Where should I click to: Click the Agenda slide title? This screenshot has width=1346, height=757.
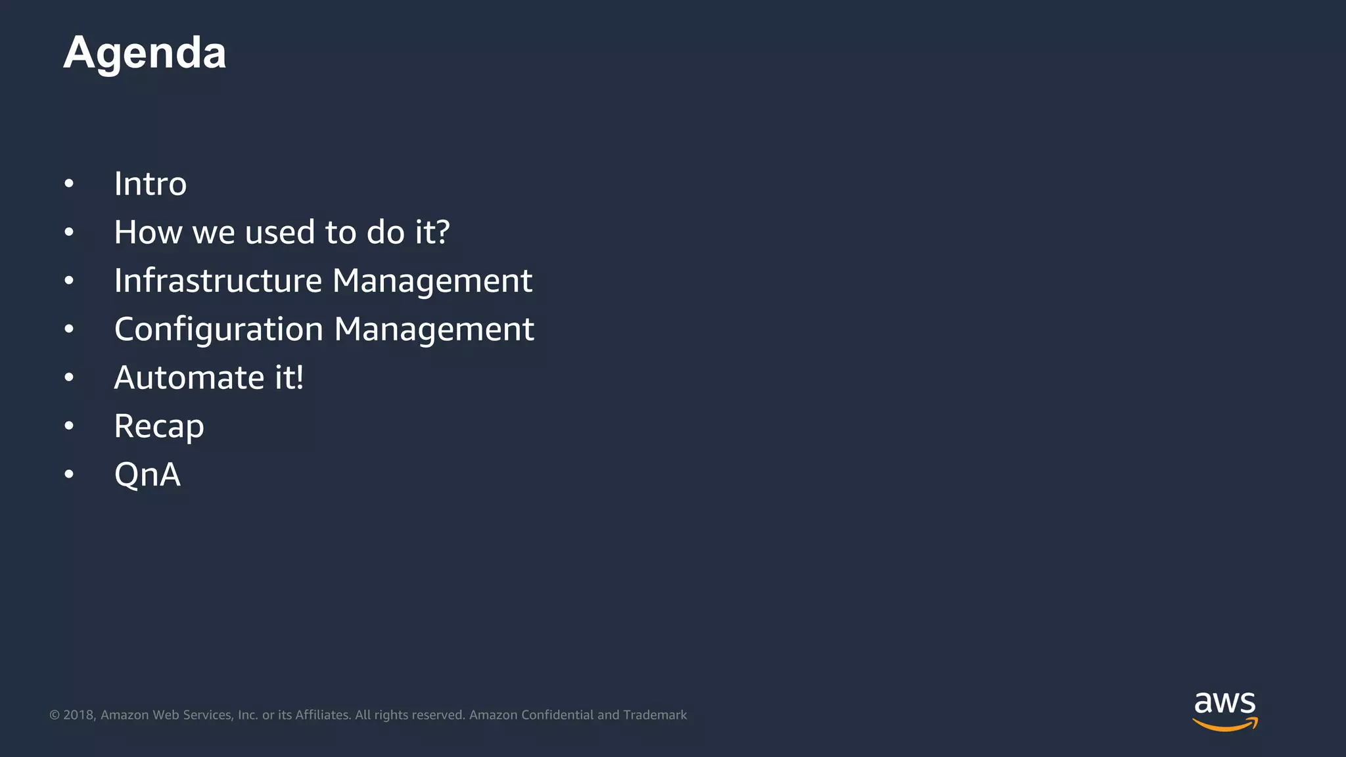[145, 53]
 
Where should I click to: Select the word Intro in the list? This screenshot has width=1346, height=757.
[151, 183]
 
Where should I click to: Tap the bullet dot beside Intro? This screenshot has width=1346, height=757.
[69, 183]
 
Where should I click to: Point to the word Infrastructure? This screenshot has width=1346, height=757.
[218, 281]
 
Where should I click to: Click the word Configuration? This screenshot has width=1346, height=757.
[219, 329]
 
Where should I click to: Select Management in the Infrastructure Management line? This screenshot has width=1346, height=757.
[432, 281]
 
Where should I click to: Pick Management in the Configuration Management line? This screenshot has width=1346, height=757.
[434, 329]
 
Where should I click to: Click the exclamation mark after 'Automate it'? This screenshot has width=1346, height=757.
[299, 377]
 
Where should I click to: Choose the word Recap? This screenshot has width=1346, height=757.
[159, 426]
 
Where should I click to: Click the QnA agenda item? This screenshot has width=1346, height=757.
[147, 474]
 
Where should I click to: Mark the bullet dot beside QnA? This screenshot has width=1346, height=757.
[69, 474]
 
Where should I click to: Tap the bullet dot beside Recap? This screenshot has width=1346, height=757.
[69, 426]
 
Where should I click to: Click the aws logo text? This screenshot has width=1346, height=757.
[1224, 702]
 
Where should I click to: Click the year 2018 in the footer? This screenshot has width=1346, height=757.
[79, 715]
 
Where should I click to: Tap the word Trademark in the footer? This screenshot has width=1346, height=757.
[655, 715]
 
